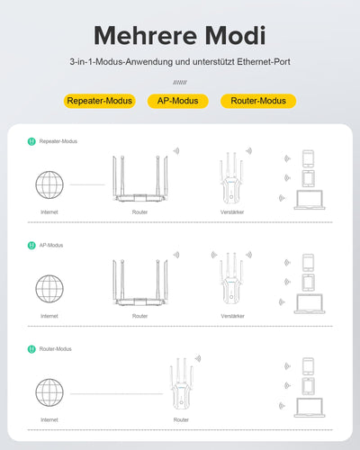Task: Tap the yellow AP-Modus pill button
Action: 177,101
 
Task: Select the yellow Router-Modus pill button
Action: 259,101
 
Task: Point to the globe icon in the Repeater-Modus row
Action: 49,184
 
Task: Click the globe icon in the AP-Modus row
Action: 49,288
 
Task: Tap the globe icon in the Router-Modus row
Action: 49,392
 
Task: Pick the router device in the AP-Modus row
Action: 139,285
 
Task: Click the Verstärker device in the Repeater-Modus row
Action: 232,180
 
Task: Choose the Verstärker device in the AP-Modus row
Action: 232,283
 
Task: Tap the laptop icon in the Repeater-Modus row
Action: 308,201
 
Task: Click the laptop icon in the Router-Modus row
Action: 308,409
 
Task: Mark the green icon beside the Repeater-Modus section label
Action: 31,141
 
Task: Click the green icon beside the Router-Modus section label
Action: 31,348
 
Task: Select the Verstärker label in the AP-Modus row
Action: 232,317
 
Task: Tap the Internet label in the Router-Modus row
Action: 49,420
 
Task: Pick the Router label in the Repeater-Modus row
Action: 139,213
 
